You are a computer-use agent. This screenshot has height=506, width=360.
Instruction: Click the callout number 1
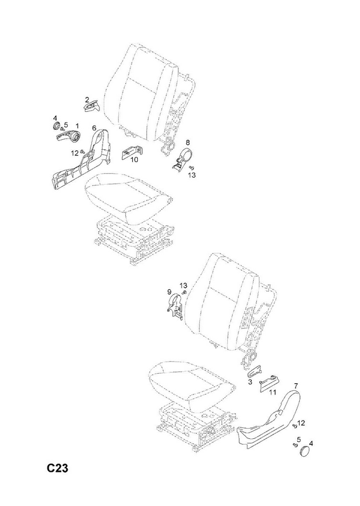click(x=77, y=125)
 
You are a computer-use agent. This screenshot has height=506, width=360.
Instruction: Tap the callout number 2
click(x=87, y=99)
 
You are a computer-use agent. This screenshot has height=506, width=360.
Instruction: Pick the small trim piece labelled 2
click(x=92, y=106)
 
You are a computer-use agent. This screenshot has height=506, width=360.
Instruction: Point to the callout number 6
click(x=94, y=127)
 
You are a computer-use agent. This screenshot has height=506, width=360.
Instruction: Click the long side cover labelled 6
click(x=81, y=158)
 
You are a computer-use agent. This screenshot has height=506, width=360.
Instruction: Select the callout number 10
click(x=134, y=159)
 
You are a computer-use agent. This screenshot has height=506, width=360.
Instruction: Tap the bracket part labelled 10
click(x=131, y=151)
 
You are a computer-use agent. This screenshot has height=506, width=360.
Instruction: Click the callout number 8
click(x=187, y=142)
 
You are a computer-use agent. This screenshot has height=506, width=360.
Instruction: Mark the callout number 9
click(x=169, y=292)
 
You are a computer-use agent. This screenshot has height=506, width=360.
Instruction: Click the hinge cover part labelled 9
click(x=175, y=307)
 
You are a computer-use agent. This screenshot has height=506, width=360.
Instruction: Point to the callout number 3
click(x=250, y=383)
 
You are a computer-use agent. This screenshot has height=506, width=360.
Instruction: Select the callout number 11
click(x=273, y=392)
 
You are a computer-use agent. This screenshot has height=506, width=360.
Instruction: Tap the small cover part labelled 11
click(x=270, y=382)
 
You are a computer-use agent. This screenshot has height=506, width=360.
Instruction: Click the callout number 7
click(x=296, y=386)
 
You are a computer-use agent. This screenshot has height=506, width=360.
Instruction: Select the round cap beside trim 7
click(x=305, y=452)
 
